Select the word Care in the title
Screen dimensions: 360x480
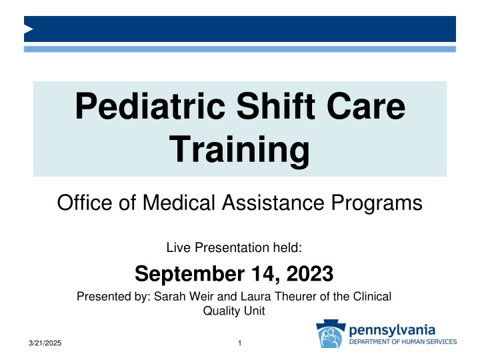point(364,109)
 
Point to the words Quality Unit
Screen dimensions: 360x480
point(240,311)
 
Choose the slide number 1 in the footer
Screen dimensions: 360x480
point(239,343)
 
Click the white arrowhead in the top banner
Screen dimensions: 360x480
point(29,29)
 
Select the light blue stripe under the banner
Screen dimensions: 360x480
point(240,49)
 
